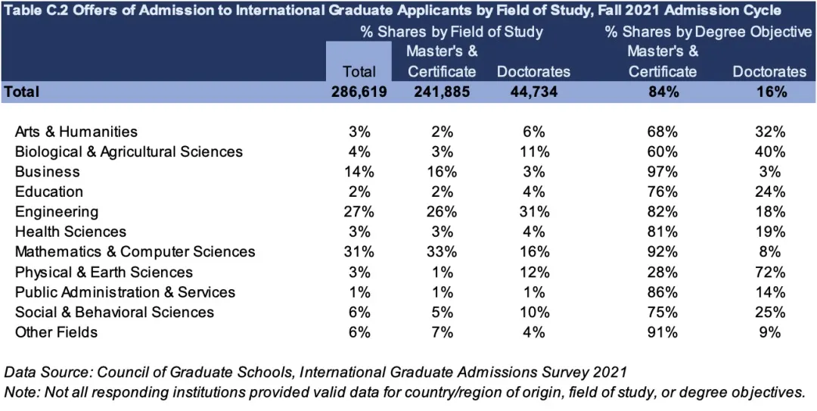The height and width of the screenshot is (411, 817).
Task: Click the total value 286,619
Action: pyautogui.click(x=359, y=92)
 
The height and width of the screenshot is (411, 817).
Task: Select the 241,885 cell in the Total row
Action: pyautogui.click(x=442, y=92)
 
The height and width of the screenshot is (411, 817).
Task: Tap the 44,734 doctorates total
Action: pyautogui.click(x=533, y=92)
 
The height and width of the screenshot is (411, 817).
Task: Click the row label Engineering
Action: pyautogui.click(x=57, y=211)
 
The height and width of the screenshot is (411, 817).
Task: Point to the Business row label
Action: pyautogui.click(x=47, y=171)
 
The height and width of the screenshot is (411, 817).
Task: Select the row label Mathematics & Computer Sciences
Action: pyautogui.click(x=135, y=251)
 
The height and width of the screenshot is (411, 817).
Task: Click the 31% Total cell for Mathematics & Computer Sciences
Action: pyautogui.click(x=359, y=251)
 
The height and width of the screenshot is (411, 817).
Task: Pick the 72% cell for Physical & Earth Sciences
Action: pyautogui.click(x=770, y=272)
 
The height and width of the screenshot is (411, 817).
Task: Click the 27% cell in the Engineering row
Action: pyautogui.click(x=359, y=211)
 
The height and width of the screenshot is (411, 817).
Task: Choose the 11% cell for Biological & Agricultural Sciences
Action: pyautogui.click(x=533, y=151)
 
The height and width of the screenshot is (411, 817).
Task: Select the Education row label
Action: pyautogui.click(x=49, y=191)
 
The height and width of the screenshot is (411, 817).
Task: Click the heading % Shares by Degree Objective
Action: pyautogui.click(x=708, y=32)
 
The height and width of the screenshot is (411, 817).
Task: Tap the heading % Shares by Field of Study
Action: pyautogui.click(x=452, y=32)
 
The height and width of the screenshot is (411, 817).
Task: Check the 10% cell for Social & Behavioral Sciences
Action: pyautogui.click(x=533, y=312)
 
